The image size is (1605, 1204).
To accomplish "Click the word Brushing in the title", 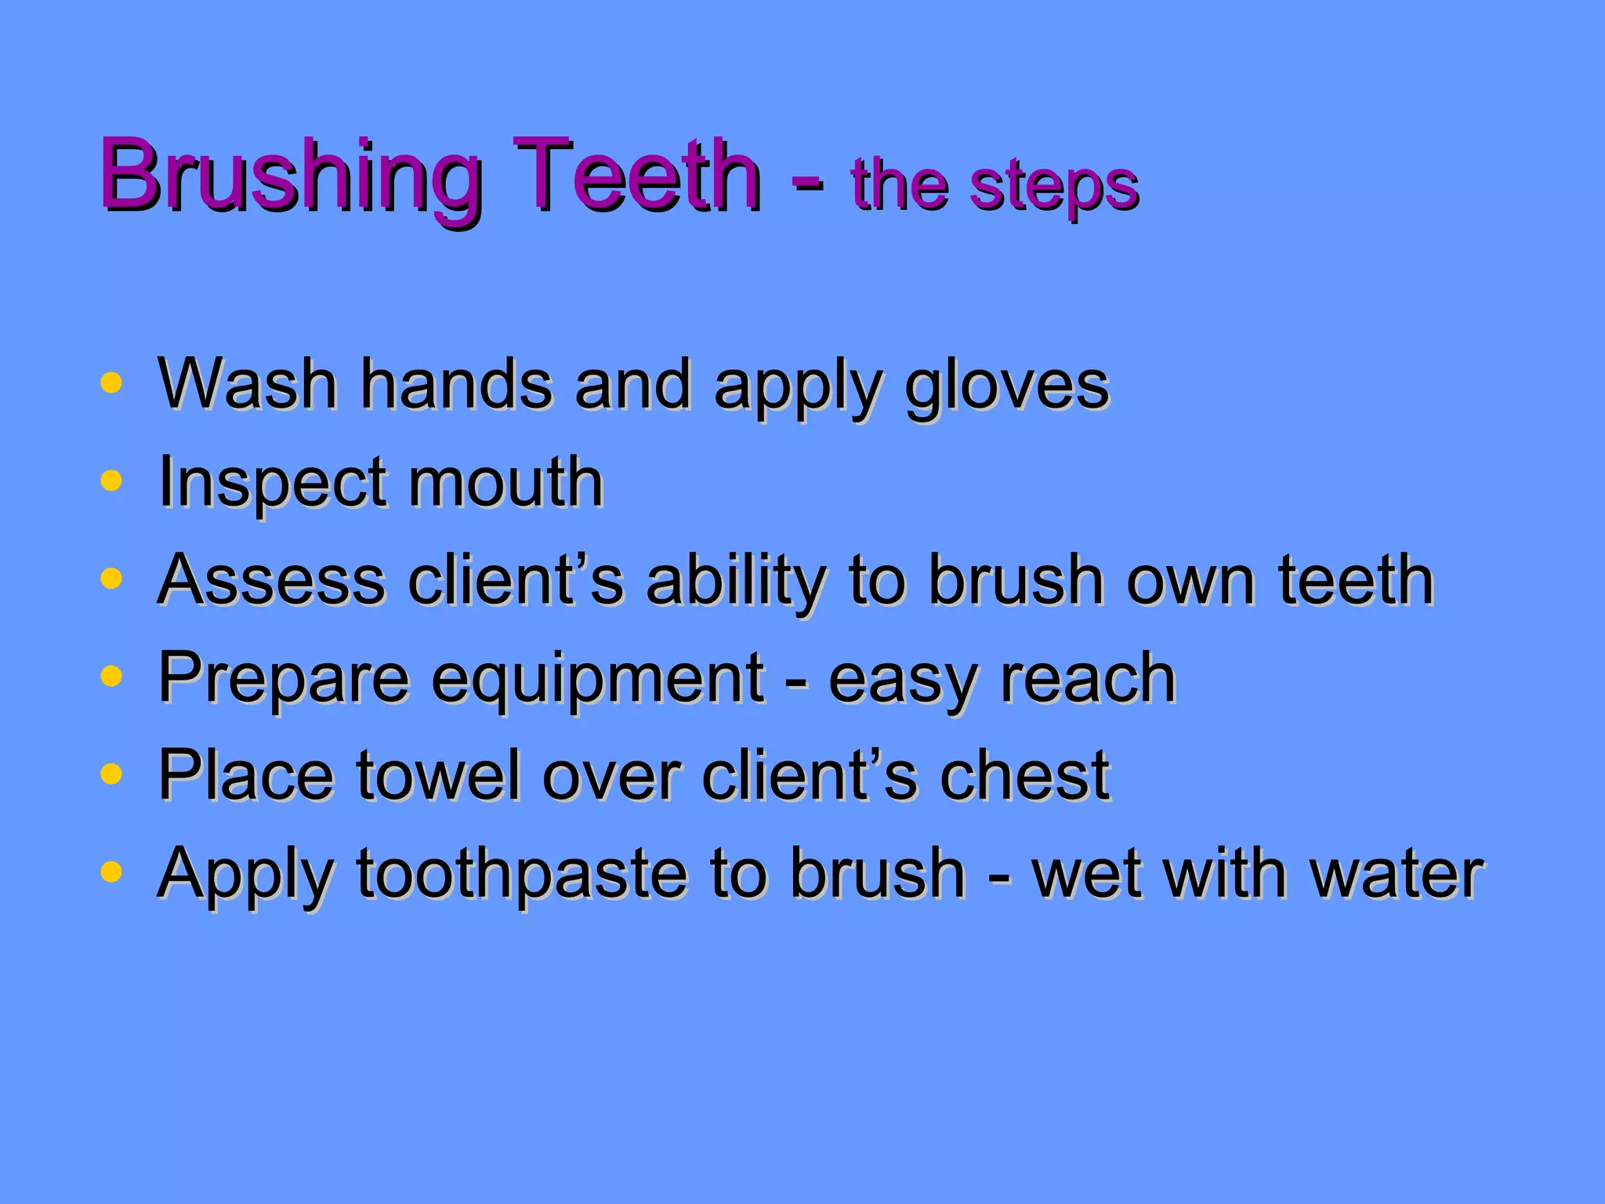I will coord(290,176).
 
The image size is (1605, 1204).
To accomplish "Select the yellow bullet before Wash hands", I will coord(112,383).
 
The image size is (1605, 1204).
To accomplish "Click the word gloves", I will coord(1007,386).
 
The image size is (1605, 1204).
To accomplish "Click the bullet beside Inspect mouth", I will coord(112,481).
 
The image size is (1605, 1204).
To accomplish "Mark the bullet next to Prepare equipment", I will coord(112,676).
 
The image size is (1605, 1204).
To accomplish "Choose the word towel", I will coord(439,775).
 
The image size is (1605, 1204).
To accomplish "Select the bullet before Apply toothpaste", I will coord(112,871).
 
